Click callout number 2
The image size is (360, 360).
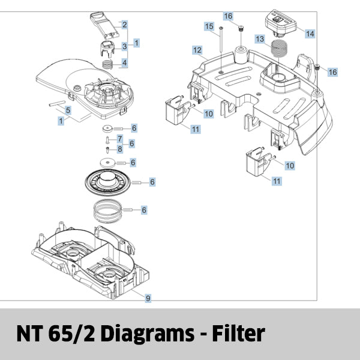coord(124,25)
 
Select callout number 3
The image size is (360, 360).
coord(124,46)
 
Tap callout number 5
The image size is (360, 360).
coord(68,110)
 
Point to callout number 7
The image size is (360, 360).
coord(119,139)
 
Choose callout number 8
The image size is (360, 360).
coord(119,149)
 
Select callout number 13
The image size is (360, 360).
coord(259,38)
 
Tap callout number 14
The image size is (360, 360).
coord(310,34)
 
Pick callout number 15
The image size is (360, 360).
coord(208,26)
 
